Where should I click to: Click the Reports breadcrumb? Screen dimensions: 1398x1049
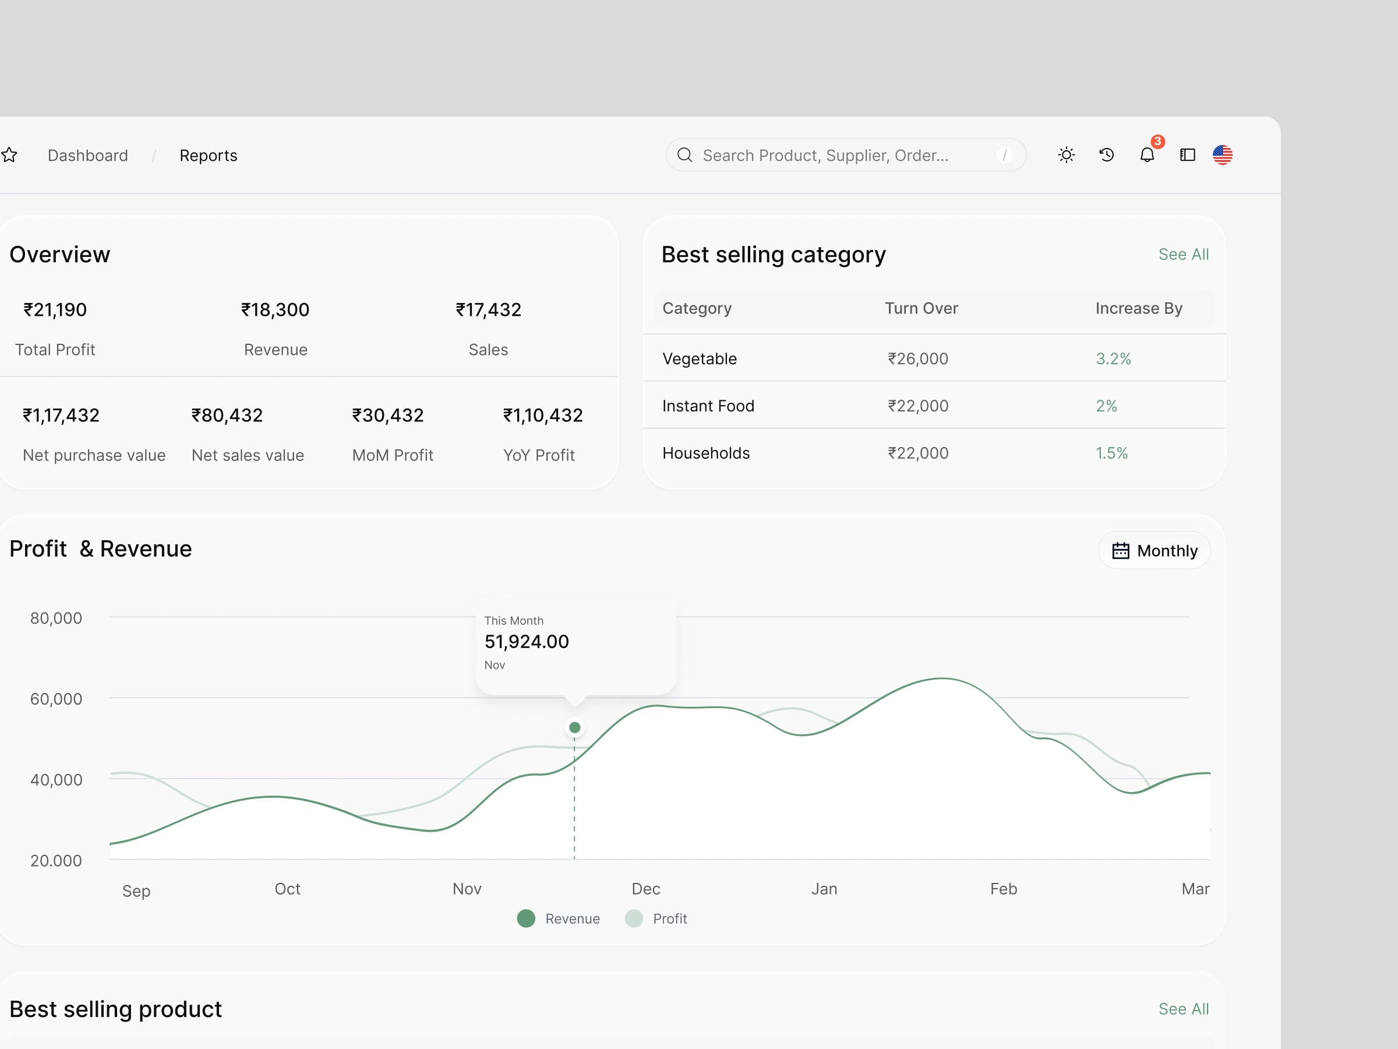[x=208, y=156]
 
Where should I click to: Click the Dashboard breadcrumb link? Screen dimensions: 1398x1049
[x=88, y=156]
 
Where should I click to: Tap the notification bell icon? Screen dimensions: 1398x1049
[x=1147, y=155]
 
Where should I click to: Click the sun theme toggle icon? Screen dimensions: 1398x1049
[x=1066, y=155]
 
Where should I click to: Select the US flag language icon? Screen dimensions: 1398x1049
[x=1222, y=155]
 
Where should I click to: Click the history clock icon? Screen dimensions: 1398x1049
[x=1107, y=155]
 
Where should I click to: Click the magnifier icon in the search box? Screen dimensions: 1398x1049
[x=684, y=155]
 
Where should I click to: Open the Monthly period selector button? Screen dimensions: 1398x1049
[x=1154, y=551]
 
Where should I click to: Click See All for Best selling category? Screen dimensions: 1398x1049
[x=1183, y=254]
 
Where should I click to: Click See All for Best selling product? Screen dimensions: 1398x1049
[x=1183, y=1009]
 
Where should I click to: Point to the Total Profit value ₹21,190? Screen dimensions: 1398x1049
[x=55, y=310]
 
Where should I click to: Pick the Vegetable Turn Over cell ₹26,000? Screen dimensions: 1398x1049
[x=917, y=358]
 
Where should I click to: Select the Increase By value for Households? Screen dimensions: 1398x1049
[x=1111, y=453]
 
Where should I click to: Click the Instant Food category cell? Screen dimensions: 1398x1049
[x=708, y=406]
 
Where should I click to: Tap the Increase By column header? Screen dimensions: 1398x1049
[x=1139, y=308]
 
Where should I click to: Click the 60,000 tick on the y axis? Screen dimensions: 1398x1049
[x=57, y=699]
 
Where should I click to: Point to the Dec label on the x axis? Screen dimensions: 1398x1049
[x=646, y=889]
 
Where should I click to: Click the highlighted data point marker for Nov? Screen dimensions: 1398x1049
[x=574, y=728]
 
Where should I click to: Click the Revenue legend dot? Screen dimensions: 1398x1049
[x=526, y=918]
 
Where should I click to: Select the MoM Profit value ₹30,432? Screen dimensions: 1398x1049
[x=388, y=416]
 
